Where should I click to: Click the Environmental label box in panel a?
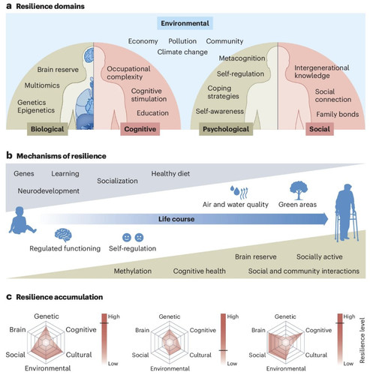click(185, 23)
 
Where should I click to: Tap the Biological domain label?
click(47, 129)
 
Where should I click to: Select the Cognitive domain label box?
click(140, 129)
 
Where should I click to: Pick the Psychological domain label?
click(226, 129)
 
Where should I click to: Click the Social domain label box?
click(320, 129)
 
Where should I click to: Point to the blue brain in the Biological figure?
click(89, 55)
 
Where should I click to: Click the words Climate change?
click(182, 52)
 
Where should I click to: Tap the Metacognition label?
click(242, 58)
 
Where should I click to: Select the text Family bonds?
click(337, 114)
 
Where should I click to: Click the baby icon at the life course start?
click(22, 220)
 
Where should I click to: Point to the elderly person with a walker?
click(347, 213)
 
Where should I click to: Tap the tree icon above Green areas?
click(299, 190)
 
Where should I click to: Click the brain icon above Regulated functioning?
click(63, 235)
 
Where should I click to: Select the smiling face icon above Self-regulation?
click(127, 237)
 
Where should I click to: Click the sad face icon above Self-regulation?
click(139, 237)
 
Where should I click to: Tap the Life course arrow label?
click(176, 219)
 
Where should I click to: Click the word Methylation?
click(133, 271)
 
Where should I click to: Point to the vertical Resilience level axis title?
click(362, 340)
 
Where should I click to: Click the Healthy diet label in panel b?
click(170, 173)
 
